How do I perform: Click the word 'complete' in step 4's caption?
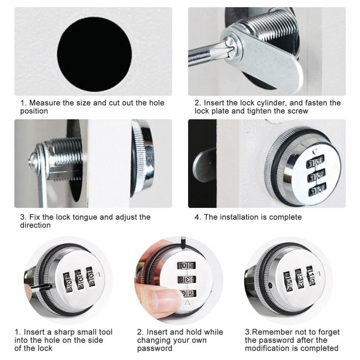[286, 217]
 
